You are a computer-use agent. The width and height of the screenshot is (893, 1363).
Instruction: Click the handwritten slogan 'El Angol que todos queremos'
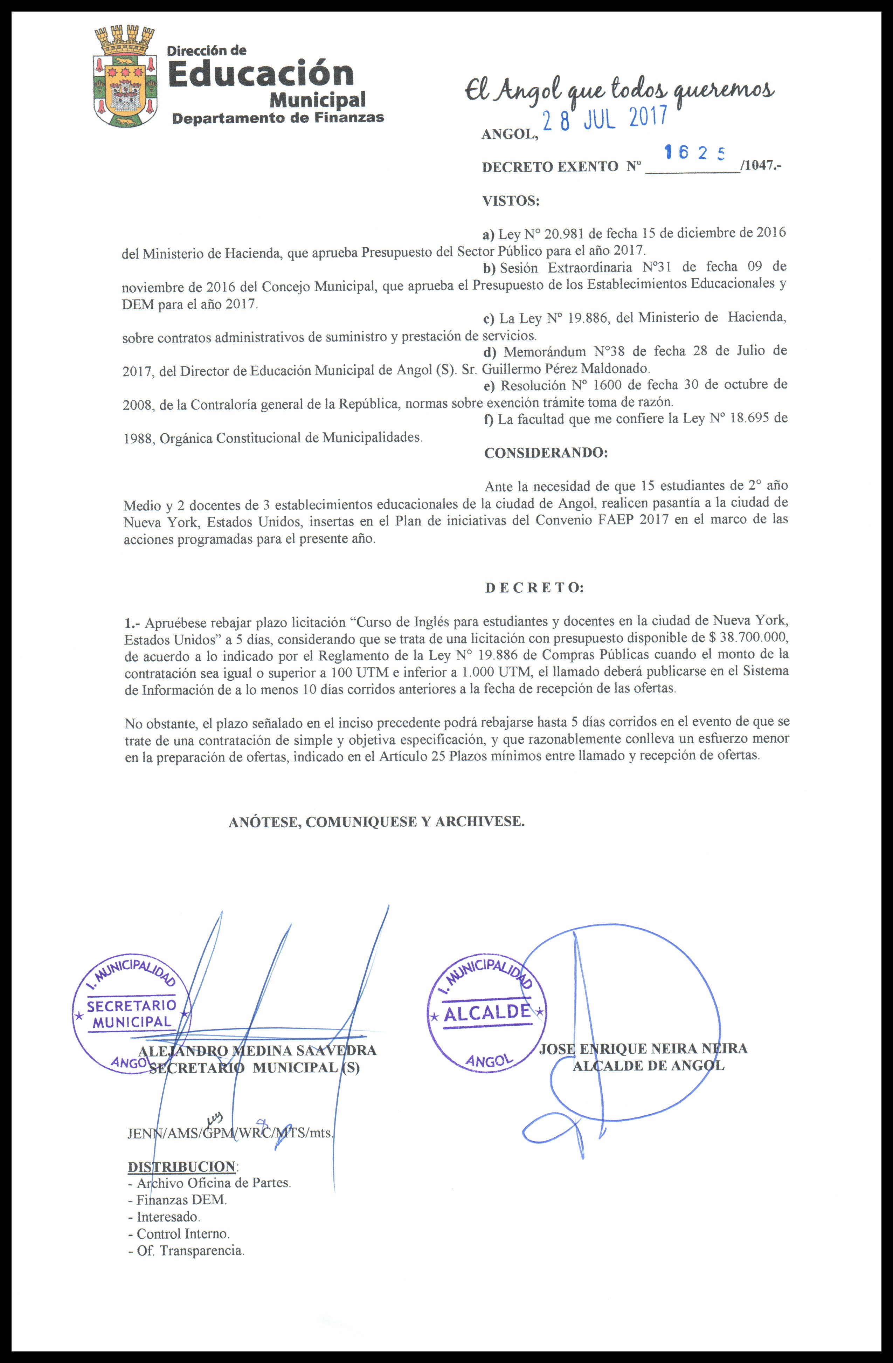coord(619,92)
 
